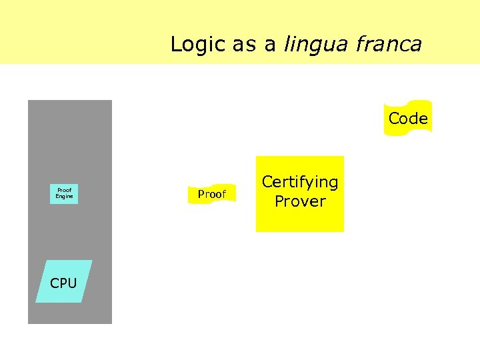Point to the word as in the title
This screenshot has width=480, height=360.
click(x=246, y=45)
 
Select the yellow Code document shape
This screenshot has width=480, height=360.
click(x=407, y=119)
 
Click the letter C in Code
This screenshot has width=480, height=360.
click(x=394, y=119)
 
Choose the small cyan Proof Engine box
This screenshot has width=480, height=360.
click(x=65, y=194)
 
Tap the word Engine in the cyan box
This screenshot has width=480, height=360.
click(x=65, y=197)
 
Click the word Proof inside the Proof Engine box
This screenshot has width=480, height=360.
click(x=65, y=191)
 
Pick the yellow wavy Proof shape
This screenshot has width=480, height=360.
click(x=212, y=194)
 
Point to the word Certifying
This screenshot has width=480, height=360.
click(x=300, y=182)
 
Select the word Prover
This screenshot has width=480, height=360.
click(x=300, y=201)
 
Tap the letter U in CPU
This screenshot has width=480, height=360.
click(x=72, y=283)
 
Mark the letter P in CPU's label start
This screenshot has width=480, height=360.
click(x=63, y=283)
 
